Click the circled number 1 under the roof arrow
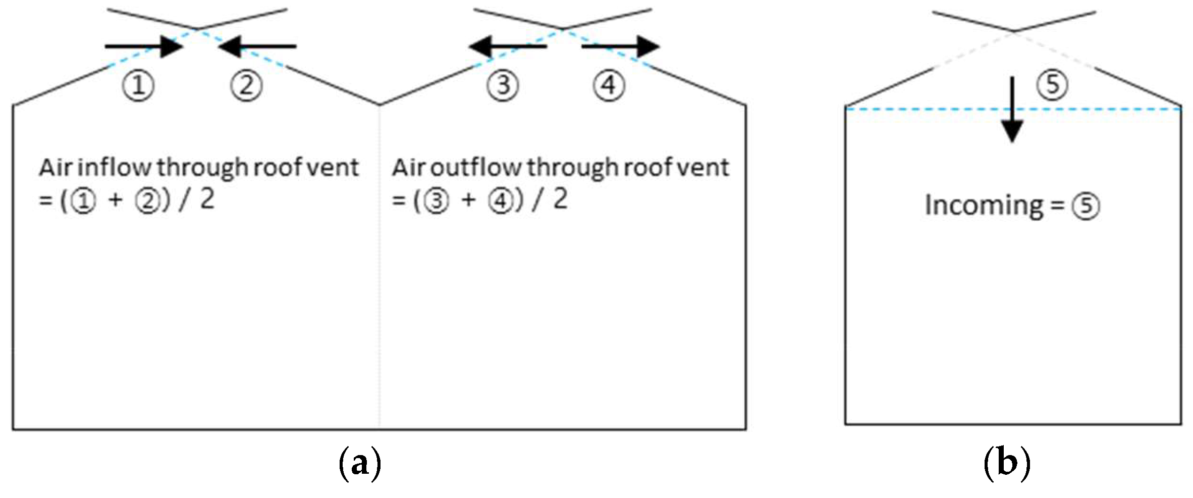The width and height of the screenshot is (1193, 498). point(138,85)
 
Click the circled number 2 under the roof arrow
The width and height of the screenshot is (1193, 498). point(246,85)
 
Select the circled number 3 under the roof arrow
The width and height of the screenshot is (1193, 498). point(503,85)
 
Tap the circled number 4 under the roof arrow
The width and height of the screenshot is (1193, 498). point(609,85)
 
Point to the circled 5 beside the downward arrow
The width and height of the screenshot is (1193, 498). point(1053,84)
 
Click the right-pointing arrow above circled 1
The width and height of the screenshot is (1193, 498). point(144,46)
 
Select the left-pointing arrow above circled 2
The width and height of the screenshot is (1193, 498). point(257,46)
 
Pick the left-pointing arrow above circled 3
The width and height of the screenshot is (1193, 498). point(508,46)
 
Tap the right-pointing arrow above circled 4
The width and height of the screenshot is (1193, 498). point(621,46)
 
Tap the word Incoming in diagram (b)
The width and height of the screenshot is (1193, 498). point(984,206)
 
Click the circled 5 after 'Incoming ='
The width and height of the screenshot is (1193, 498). point(1086,207)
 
